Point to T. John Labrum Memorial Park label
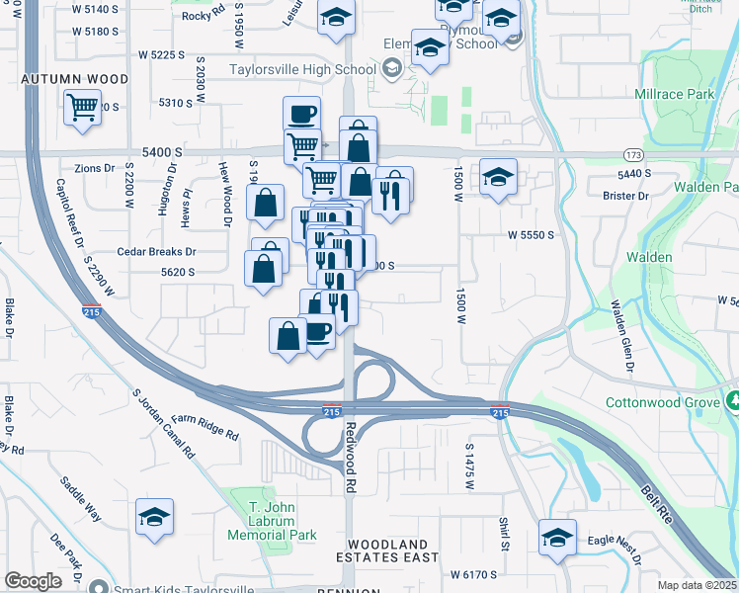tap(272, 520)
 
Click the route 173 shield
tap(633, 155)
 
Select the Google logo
tap(34, 581)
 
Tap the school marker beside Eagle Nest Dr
tap(557, 539)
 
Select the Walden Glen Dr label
tap(621, 337)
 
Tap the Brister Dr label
tap(624, 196)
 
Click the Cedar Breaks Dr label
tap(157, 252)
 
